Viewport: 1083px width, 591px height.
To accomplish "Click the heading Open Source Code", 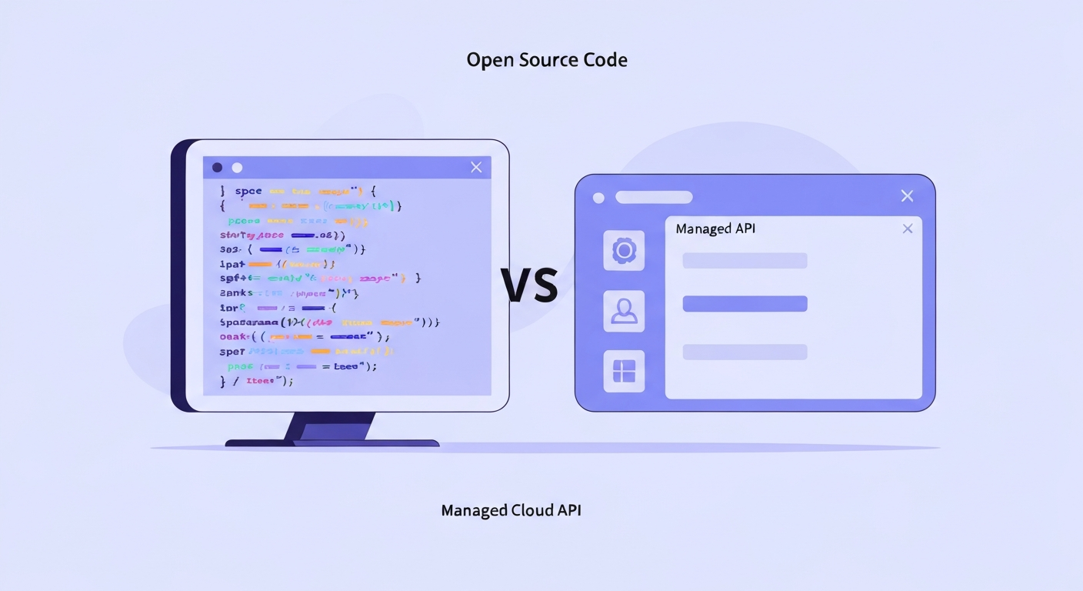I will coord(547,60).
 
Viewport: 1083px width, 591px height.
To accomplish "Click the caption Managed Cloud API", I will coord(511,510).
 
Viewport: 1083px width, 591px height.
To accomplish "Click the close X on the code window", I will coord(476,167).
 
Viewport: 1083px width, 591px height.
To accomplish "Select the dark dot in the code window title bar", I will coord(217,167).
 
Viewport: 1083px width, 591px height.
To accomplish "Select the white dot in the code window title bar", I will coord(237,167).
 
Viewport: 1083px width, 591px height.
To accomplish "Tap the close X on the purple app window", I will coord(907,196).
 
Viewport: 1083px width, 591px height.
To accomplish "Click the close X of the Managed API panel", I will coord(908,229).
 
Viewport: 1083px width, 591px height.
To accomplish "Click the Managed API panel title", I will coord(715,229).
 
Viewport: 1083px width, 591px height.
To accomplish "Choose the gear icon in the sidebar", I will coord(624,250).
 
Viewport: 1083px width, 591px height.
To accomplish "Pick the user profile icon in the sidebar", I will coord(624,311).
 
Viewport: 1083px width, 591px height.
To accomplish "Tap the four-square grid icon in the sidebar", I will coord(624,371).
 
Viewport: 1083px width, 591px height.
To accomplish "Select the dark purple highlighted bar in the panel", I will coord(745,304).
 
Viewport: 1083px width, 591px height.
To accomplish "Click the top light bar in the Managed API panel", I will coord(745,260).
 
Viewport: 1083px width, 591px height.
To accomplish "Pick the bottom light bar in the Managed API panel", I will coord(745,352).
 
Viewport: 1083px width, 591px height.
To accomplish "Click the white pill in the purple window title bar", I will coord(654,198).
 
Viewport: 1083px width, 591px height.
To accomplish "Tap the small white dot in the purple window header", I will coord(598,198).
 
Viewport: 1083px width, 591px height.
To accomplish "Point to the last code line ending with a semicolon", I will coord(257,381).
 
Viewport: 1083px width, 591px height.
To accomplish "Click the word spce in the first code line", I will coord(248,191).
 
